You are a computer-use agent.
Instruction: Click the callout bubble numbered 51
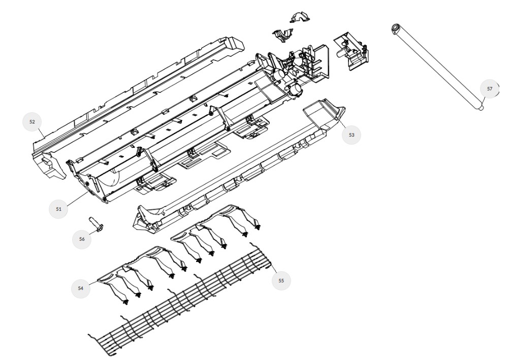point(58,209)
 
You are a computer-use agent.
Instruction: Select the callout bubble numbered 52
point(32,121)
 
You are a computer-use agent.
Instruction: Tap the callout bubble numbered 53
point(352,135)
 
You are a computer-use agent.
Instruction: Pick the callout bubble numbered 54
point(80,288)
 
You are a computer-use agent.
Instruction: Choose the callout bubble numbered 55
point(281,280)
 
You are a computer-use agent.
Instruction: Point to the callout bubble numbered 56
point(81,239)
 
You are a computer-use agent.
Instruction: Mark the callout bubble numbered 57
point(490,89)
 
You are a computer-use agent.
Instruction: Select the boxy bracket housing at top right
point(352,50)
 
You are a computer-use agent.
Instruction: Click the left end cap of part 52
point(49,164)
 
